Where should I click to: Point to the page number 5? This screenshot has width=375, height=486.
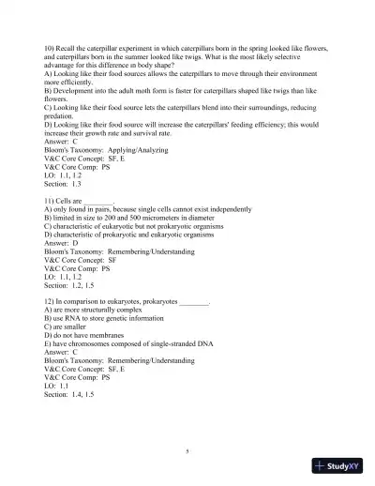tap(187, 451)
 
